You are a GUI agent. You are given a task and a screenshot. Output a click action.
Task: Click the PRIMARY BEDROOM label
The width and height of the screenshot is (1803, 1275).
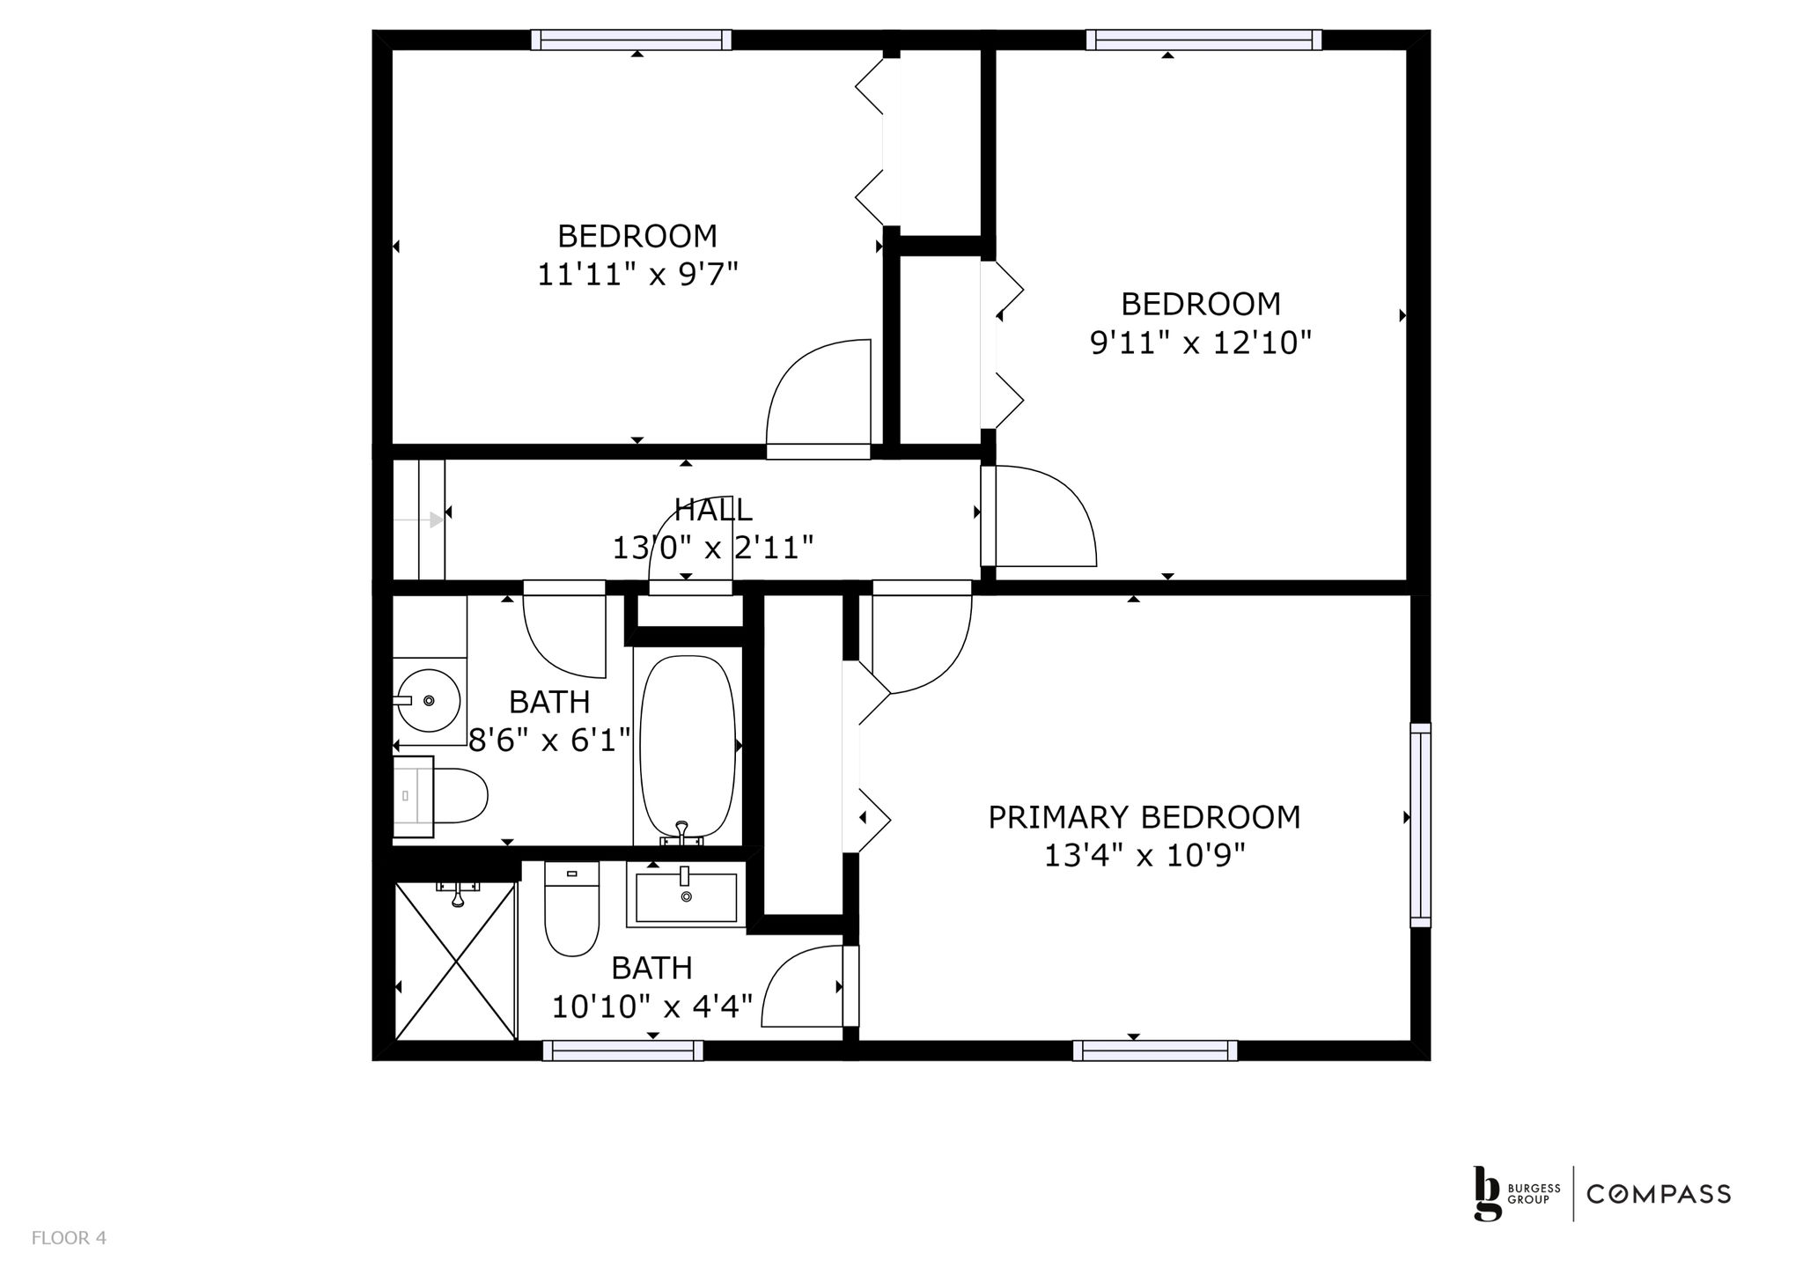[1144, 817]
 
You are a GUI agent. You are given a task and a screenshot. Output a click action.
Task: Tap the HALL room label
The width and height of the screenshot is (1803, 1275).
[713, 510]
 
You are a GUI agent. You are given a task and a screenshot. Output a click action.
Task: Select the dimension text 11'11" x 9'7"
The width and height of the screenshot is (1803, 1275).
[637, 275]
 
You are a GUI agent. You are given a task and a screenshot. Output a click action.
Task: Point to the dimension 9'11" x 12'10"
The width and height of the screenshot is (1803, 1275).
[1201, 342]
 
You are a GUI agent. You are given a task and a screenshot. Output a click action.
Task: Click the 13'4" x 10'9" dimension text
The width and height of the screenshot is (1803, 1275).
[1144, 855]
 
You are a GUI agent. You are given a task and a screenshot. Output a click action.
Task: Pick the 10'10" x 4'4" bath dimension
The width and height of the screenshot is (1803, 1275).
[652, 1006]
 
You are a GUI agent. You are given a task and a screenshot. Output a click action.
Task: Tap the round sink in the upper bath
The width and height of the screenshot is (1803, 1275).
[428, 701]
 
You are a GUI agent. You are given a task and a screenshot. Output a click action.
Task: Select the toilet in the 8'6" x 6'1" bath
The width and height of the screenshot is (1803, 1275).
[439, 796]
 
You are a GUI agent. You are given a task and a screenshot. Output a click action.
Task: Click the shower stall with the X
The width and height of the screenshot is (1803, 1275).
[454, 962]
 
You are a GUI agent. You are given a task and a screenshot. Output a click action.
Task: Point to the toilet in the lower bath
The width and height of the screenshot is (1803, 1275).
[571, 909]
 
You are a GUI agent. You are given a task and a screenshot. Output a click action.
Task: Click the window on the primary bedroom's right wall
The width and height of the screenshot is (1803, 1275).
[1420, 824]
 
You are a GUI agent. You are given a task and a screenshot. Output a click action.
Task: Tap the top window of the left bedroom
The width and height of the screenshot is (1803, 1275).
[631, 40]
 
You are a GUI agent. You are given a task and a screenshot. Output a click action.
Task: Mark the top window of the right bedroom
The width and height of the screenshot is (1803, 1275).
[1204, 40]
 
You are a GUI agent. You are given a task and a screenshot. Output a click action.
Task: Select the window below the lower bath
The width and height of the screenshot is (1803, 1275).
[622, 1050]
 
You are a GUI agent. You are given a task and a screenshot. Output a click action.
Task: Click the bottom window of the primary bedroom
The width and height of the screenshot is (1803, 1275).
[1155, 1050]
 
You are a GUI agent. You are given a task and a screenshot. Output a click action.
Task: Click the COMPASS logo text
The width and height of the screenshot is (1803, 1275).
[1659, 1194]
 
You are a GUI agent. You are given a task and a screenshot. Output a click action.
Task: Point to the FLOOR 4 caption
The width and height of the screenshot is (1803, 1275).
[69, 1238]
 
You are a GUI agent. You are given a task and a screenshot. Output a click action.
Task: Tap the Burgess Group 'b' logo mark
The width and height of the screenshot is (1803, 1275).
[1488, 1193]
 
